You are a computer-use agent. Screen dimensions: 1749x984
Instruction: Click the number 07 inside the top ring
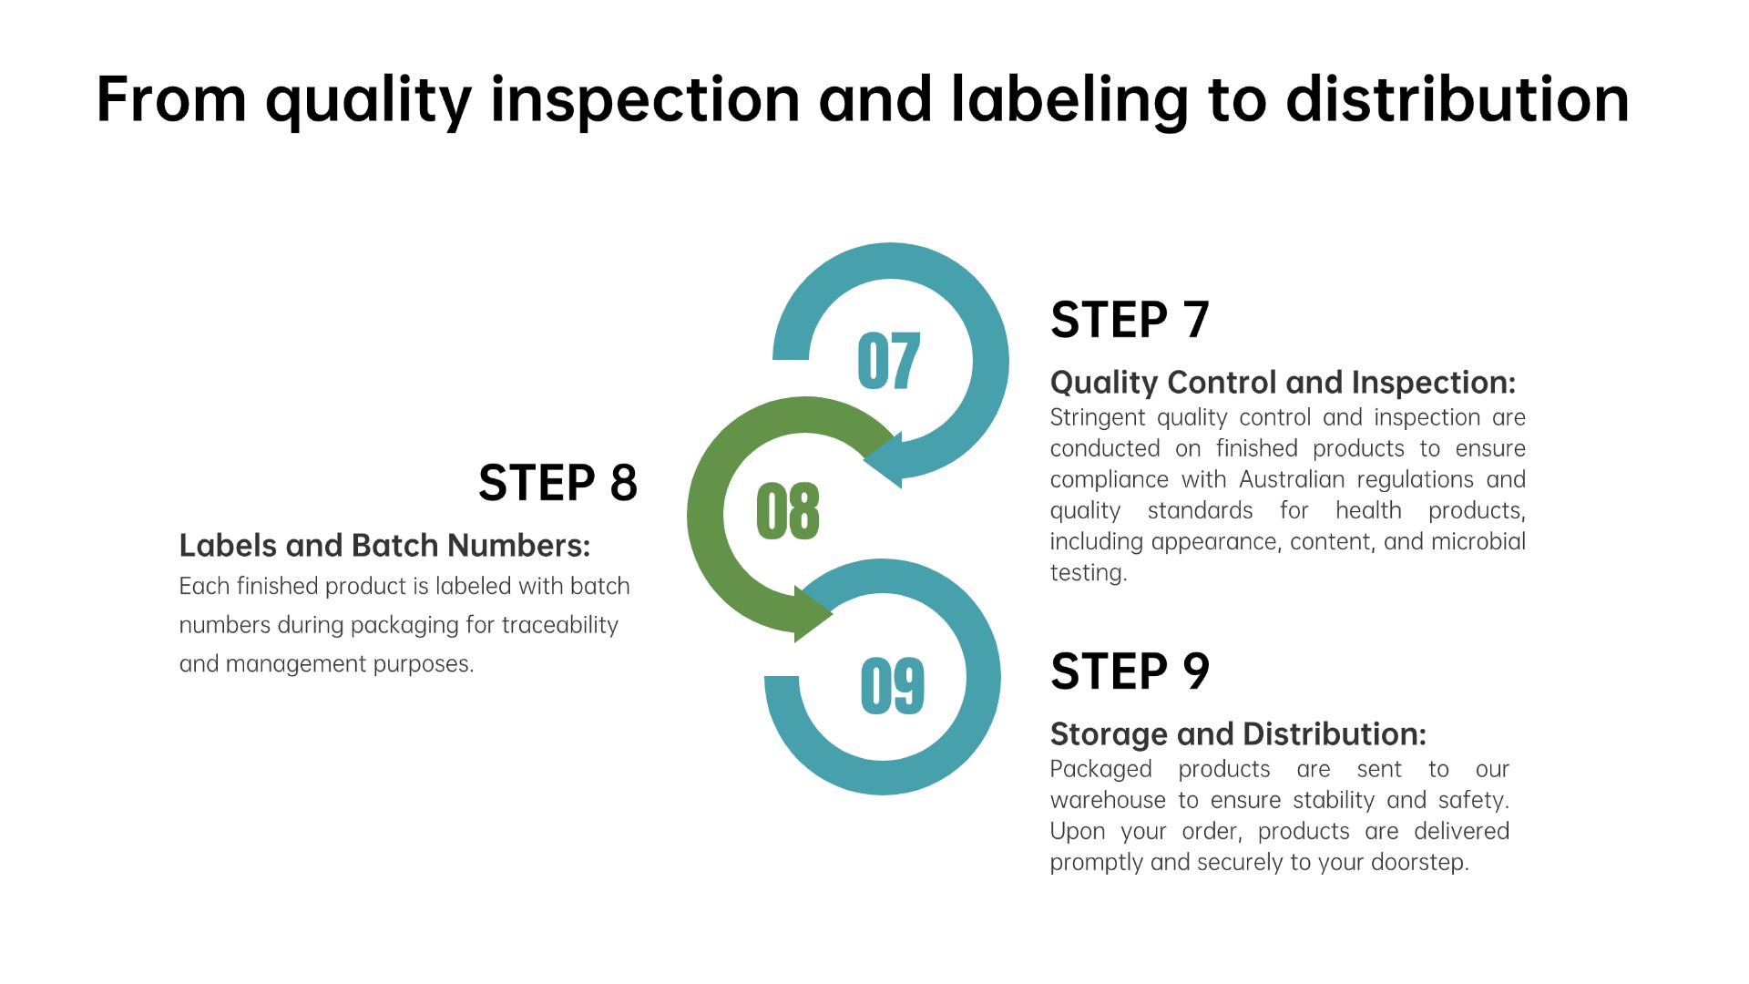[x=889, y=361]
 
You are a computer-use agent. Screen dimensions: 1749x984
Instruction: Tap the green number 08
[x=788, y=511]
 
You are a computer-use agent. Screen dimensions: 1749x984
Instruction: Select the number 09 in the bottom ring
[x=893, y=685]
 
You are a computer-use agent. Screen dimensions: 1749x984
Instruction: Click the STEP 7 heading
[x=1130, y=320]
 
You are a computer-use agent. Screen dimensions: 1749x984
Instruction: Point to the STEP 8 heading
[x=557, y=483]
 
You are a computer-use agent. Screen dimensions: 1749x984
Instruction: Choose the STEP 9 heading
[x=1130, y=671]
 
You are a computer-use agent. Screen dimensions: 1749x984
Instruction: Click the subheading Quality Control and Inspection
[x=1283, y=383]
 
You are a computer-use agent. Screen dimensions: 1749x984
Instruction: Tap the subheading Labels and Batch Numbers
[x=384, y=546]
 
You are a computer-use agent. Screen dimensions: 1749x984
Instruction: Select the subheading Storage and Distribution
[x=1238, y=734]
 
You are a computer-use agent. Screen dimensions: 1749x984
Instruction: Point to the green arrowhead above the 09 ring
[x=813, y=614]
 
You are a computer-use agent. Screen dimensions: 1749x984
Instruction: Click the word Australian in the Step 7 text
[x=1292, y=479]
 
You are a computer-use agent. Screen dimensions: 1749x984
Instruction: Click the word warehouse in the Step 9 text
[x=1108, y=800]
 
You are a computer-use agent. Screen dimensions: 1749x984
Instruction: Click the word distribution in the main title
[x=1457, y=99]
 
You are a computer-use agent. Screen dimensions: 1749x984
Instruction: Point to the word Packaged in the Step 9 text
[x=1101, y=770]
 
